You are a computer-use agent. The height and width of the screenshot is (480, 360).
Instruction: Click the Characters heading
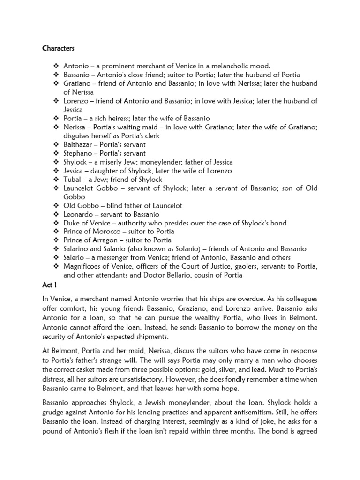(58, 48)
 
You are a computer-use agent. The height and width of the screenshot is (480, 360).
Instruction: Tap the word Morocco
(107, 232)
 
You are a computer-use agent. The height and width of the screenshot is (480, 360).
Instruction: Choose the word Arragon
(107, 240)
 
